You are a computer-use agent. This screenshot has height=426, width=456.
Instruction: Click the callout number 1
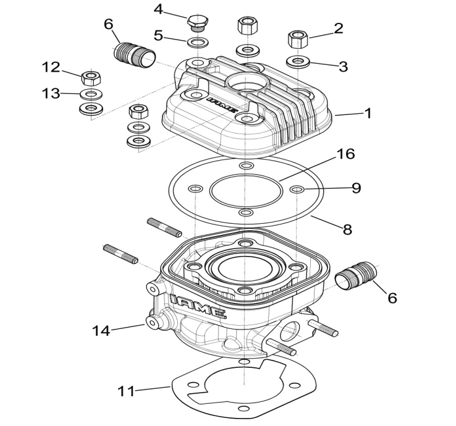tap(368, 113)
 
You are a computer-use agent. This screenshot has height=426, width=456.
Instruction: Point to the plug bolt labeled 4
tap(198, 22)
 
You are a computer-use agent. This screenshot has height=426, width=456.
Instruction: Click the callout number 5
tap(158, 36)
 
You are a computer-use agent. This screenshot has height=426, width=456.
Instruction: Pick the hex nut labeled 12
tap(91, 78)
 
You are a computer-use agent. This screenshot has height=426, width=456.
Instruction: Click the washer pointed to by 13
tap(91, 94)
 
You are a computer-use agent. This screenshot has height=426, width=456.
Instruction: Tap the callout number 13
tap(52, 93)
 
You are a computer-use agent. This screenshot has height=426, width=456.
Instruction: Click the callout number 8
tap(347, 229)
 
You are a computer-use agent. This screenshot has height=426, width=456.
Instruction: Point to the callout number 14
tap(101, 331)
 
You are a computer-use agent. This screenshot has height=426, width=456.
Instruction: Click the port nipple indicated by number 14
tap(151, 322)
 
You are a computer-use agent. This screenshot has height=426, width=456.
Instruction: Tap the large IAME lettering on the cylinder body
tap(199, 306)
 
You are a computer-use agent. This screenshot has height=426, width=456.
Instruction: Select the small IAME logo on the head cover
tap(222, 104)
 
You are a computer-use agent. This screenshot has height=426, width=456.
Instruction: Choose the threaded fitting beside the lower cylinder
tap(355, 277)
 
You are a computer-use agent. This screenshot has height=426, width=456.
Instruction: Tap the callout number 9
tap(357, 188)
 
